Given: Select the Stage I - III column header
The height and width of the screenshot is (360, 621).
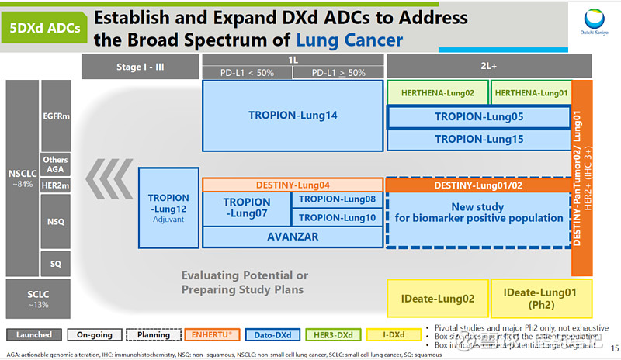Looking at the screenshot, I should [x=140, y=67].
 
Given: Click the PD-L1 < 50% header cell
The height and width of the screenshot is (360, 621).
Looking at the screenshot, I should [x=246, y=73].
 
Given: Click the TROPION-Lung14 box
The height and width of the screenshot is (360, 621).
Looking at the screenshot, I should [x=293, y=116].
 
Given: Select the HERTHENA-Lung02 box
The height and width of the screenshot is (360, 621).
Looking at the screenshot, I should [x=438, y=92].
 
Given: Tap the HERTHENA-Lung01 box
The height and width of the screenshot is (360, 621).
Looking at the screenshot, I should [x=531, y=92].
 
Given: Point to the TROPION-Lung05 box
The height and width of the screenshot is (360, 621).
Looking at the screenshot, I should [x=479, y=117].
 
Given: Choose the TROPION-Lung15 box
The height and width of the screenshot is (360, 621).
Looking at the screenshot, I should [x=479, y=139].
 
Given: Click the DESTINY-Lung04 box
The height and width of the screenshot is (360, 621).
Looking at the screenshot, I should [x=293, y=185].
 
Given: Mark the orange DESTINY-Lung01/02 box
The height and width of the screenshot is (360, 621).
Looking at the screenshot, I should [x=479, y=185].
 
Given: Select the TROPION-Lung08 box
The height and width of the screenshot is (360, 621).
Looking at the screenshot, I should [x=337, y=199].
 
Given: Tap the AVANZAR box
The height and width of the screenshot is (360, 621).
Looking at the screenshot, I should [x=293, y=237].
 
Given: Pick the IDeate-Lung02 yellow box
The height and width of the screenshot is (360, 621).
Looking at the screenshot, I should [x=437, y=297].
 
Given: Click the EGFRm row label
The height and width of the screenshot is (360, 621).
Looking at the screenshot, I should [x=55, y=115].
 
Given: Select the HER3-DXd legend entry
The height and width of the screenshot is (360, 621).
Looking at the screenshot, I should [x=331, y=335].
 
